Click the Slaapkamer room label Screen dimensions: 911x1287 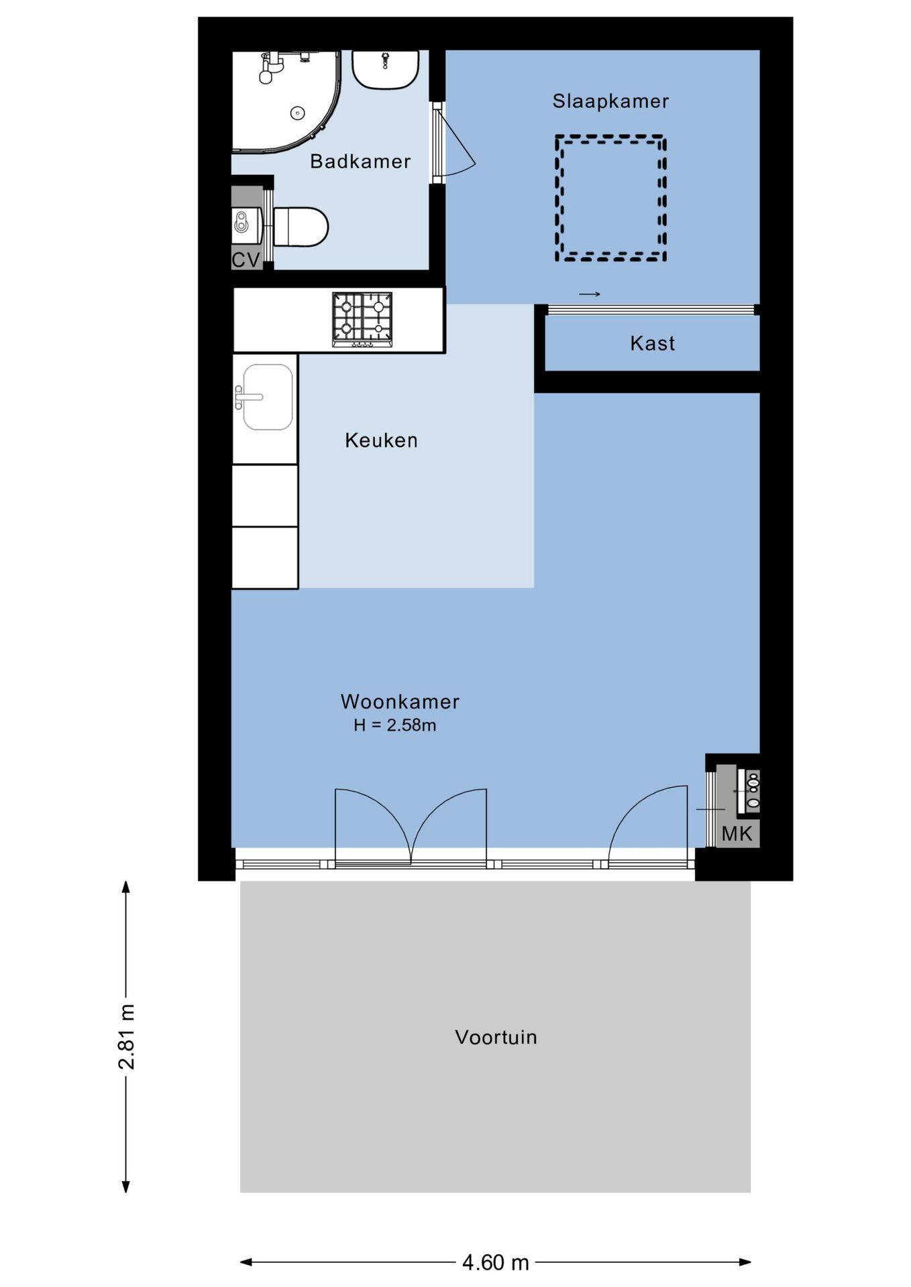tap(610, 101)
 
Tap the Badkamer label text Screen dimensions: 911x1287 tap(360, 162)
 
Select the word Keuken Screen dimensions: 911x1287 tap(381, 440)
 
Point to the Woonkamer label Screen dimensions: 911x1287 tap(400, 702)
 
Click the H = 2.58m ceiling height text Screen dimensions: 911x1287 tap(395, 725)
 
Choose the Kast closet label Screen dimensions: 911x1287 tap(652, 344)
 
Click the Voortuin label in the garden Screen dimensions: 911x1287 tap(496, 1038)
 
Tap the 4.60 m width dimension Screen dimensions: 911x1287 tap(496, 1263)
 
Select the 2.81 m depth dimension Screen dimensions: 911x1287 tap(126, 1037)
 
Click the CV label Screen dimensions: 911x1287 tap(246, 260)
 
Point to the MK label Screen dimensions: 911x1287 tap(737, 835)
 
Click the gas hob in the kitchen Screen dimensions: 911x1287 tap(362, 320)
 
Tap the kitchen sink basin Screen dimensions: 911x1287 tap(266, 397)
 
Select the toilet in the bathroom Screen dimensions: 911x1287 tap(300, 227)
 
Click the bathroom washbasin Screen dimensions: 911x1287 tap(386, 69)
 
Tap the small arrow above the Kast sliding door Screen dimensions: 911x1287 tap(589, 294)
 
